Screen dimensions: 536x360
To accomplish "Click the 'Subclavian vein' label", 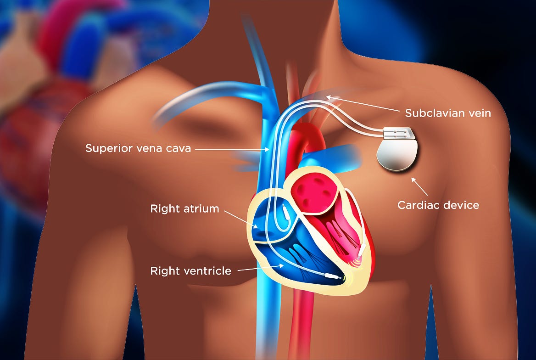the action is point(448,113).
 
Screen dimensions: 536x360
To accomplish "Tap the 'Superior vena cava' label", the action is point(138,149).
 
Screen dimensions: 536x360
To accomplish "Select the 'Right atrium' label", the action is point(184,209).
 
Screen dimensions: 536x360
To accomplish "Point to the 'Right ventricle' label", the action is point(190,271).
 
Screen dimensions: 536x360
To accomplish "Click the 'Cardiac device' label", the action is point(438,205).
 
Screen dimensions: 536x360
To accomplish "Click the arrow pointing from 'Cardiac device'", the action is point(419,187).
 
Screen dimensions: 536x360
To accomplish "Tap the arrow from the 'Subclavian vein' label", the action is point(363,104).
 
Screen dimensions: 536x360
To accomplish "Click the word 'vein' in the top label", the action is point(479,113).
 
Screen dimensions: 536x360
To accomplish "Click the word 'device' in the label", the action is point(459,205).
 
